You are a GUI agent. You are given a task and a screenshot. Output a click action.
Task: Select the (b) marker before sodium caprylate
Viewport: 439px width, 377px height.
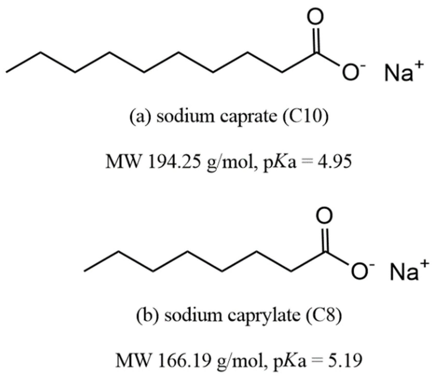(x=148, y=315)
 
